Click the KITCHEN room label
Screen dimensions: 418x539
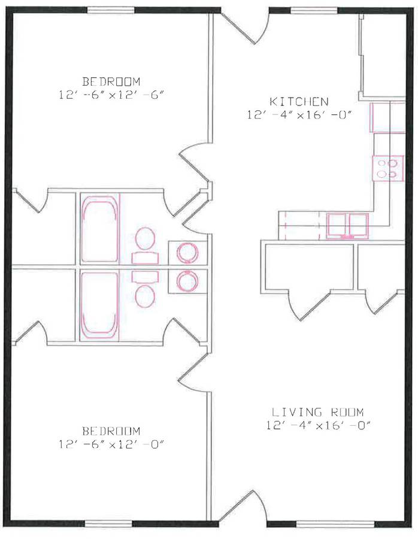click(299, 101)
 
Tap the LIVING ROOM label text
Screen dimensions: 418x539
click(317, 411)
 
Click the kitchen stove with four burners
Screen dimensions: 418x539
click(387, 168)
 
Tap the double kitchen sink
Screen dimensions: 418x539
click(347, 226)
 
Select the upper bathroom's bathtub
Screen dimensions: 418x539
click(99, 229)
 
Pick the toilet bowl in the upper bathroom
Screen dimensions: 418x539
click(145, 238)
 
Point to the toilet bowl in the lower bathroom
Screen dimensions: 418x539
click(145, 296)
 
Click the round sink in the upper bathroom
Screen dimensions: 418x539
click(187, 253)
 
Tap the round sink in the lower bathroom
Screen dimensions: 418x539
click(187, 281)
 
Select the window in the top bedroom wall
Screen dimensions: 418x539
click(111, 10)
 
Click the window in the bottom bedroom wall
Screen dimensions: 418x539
click(108, 524)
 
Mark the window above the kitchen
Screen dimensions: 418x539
click(314, 11)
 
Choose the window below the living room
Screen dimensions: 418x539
click(335, 524)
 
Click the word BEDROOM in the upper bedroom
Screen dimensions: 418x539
click(111, 81)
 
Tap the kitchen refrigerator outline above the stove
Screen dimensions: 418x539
click(387, 117)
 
